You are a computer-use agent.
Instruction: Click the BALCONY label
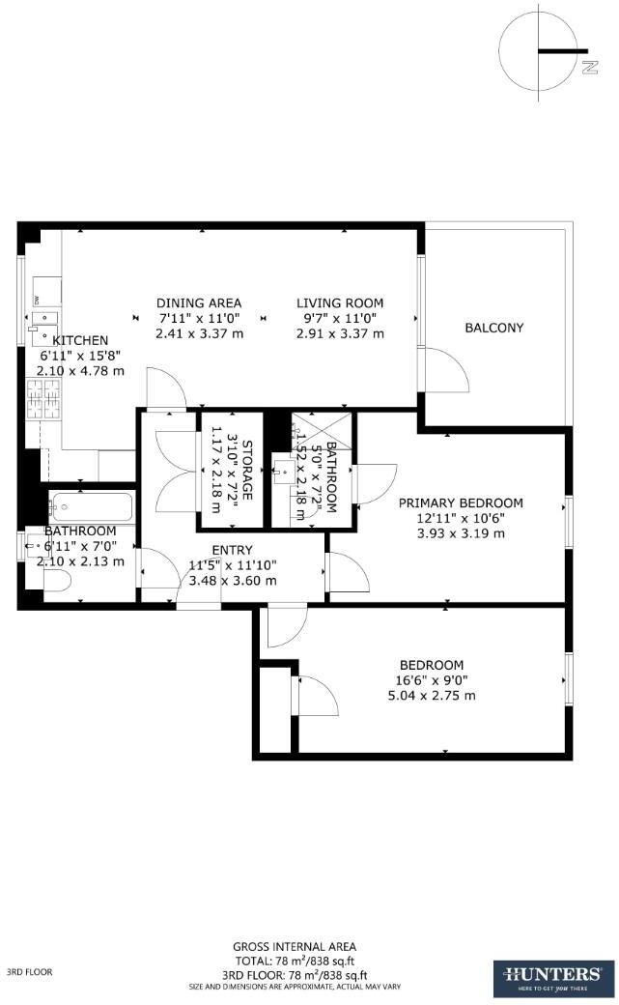point(493,328)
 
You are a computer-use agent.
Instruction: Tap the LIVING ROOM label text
point(340,302)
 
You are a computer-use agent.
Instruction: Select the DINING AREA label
point(199,302)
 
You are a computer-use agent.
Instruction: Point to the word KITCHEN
point(80,340)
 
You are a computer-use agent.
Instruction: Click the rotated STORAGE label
point(247,471)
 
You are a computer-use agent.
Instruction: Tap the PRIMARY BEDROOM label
point(461,502)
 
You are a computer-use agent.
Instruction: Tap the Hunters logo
point(549,977)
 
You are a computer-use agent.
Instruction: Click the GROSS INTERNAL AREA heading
point(295,946)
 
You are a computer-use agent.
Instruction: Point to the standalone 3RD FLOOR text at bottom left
point(29,972)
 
